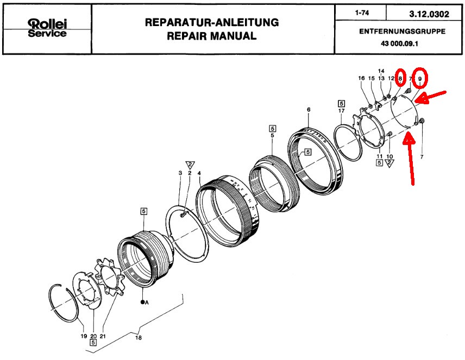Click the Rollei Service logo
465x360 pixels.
point(47,29)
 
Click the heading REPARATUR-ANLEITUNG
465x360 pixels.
point(212,23)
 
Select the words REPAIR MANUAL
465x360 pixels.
point(212,36)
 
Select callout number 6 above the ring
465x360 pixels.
point(309,110)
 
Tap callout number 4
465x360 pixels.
point(199,173)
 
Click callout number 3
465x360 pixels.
point(180,173)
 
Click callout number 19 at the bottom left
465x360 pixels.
point(83,336)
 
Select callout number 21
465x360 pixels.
point(102,336)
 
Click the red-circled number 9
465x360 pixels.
point(420,79)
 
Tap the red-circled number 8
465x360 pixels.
point(401,78)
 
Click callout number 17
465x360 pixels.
point(341,112)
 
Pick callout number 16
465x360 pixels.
point(362,79)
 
